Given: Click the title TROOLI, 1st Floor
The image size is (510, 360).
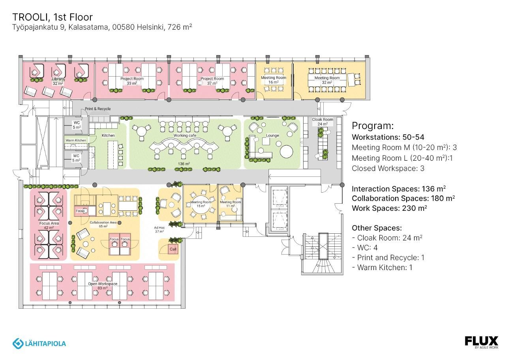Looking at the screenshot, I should [52, 17].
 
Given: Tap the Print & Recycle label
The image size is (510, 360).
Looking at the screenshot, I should [97, 109].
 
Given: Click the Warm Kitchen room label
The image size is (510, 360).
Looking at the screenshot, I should [75, 141].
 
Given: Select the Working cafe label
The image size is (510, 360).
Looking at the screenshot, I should [185, 135].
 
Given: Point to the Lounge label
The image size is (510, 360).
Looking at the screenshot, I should [272, 135].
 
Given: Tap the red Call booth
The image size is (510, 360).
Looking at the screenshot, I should [173, 249].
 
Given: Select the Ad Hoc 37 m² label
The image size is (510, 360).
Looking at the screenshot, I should [159, 229].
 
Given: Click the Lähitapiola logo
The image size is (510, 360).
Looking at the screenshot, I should [39, 343].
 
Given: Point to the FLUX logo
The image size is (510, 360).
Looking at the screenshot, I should [481, 342].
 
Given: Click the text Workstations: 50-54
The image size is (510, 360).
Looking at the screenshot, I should [388, 137].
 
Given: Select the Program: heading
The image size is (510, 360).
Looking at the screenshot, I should [373, 126].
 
